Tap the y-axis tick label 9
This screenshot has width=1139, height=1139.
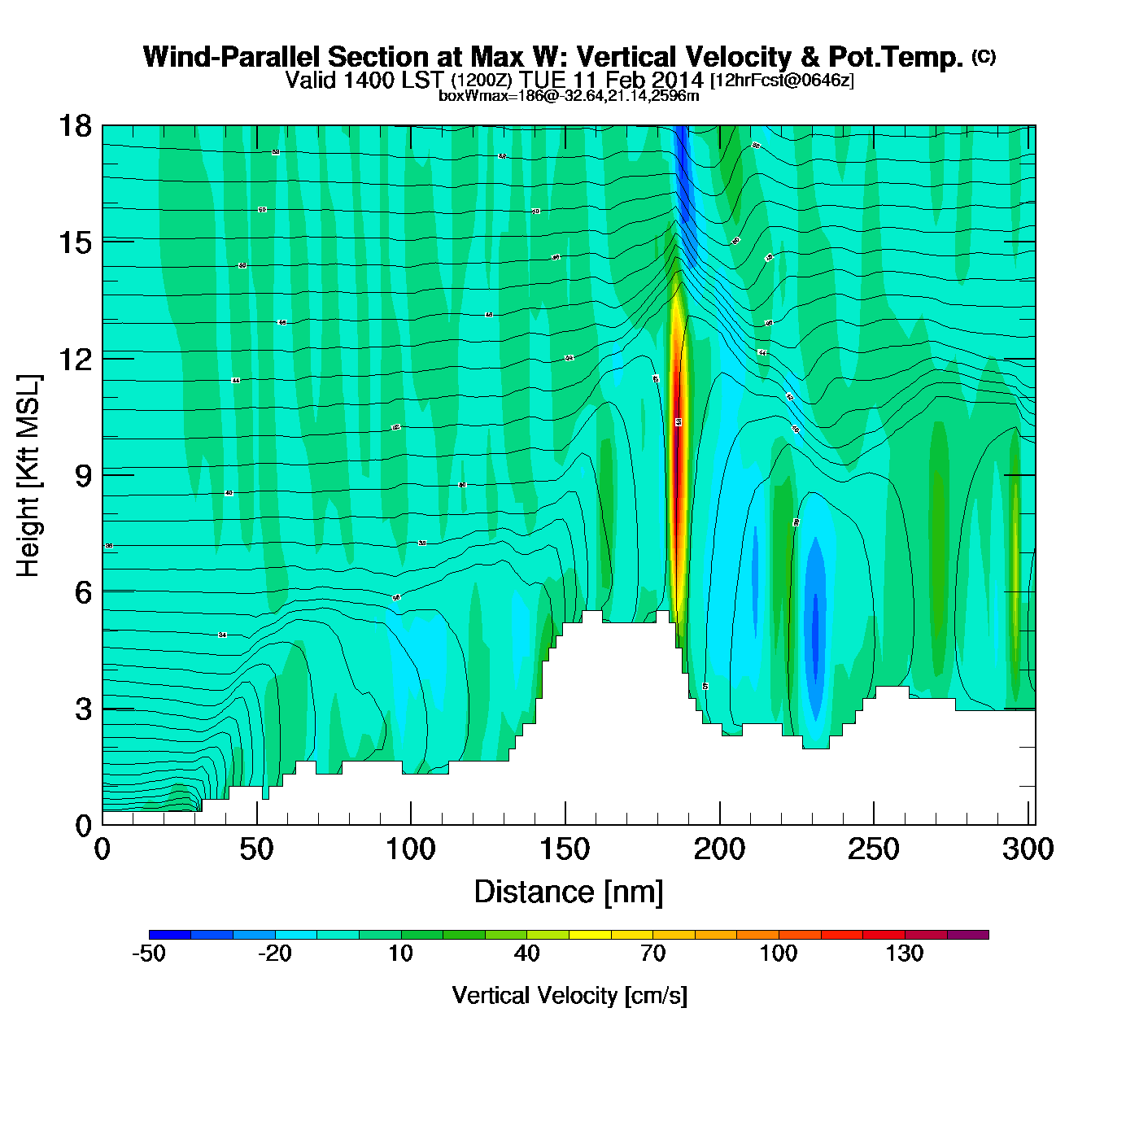tap(83, 476)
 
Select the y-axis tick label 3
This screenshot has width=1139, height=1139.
tap(83, 709)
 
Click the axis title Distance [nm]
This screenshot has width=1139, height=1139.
tap(569, 892)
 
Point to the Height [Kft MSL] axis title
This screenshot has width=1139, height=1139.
tap(28, 476)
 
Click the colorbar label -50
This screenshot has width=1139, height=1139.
tap(149, 954)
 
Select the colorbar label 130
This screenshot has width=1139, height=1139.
tap(905, 954)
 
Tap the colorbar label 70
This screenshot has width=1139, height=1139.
tap(652, 954)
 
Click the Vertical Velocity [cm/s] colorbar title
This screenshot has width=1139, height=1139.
tap(569, 996)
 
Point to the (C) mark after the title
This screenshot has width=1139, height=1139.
tap(984, 56)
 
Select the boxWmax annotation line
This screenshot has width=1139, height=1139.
tap(569, 96)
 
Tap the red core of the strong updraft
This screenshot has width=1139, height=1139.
tap(676, 456)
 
